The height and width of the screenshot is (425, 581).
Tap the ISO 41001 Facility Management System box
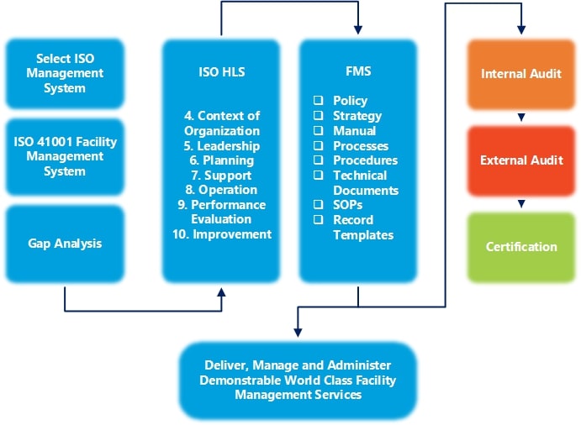66,156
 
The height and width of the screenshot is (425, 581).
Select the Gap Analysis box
66,244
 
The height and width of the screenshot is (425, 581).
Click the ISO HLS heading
222,73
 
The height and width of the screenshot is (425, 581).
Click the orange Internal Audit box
521,74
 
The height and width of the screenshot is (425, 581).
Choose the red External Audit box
521,160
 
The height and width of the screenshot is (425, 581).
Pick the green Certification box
521,247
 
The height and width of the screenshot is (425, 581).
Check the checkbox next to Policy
319,101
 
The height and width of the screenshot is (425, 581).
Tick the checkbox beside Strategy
319,116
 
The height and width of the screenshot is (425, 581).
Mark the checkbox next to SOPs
319,205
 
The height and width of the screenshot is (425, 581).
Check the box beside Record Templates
319,220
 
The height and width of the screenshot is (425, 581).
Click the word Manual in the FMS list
354,131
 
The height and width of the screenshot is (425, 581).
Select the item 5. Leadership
222,146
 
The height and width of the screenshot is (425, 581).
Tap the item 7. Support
222,176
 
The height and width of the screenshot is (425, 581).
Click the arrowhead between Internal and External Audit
521,118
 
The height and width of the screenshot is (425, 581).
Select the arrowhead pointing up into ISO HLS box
222,293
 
